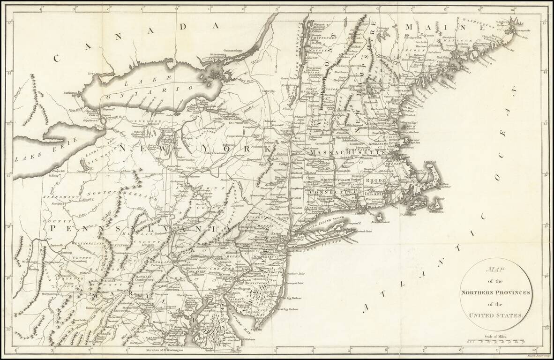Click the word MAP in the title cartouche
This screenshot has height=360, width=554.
[495, 270]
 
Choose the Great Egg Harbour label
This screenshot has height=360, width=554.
[287, 309]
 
